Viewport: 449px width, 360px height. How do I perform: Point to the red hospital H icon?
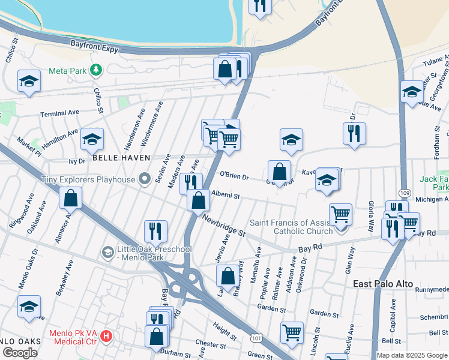pos(107,335)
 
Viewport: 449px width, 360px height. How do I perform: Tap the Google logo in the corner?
pos(20,352)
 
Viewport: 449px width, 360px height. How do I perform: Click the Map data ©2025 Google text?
pos(412,355)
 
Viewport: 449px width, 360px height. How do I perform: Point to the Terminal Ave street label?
pos(60,113)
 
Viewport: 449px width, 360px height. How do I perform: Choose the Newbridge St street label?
pos(224,225)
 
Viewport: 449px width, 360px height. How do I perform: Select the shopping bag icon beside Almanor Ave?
pos(70,197)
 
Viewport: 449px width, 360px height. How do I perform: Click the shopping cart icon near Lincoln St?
pos(292,331)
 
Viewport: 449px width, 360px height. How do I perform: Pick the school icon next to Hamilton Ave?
pos(92,139)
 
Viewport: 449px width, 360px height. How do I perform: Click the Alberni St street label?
pos(226,196)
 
